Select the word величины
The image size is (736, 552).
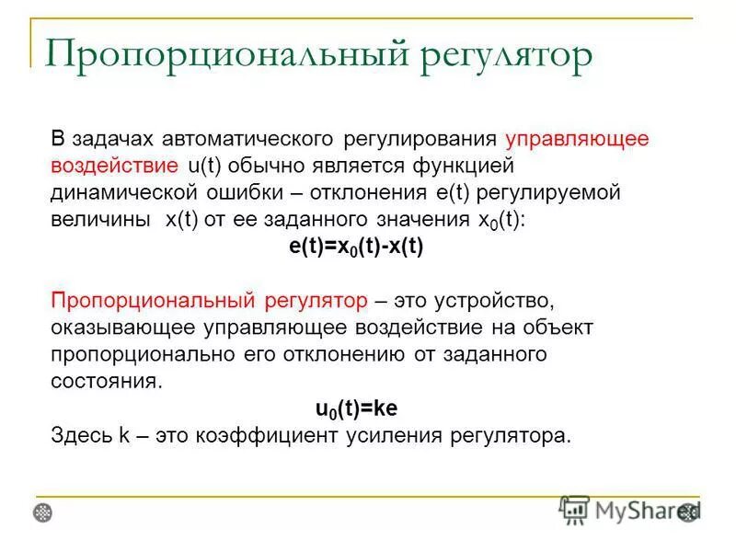[102, 221]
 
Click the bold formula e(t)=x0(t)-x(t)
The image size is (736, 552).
[356, 247]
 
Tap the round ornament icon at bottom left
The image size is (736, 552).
[43, 512]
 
